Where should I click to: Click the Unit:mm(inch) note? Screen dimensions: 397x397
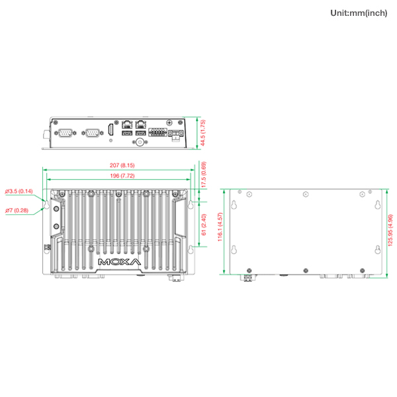coord(359,13)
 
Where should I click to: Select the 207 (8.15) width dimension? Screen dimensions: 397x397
coord(122,165)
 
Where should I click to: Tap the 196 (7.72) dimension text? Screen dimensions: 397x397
coord(122,176)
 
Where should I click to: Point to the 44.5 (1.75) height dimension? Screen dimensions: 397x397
coord(203,133)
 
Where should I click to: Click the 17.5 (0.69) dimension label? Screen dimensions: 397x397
coord(204,175)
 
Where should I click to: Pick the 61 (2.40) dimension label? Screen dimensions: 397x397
coord(204,224)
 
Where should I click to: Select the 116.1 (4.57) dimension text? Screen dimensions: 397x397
coord(220,227)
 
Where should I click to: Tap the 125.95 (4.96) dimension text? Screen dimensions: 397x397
coord(390,230)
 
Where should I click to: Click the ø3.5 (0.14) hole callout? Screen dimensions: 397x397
coord(19,191)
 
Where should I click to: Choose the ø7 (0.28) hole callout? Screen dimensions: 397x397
coord(17,210)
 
